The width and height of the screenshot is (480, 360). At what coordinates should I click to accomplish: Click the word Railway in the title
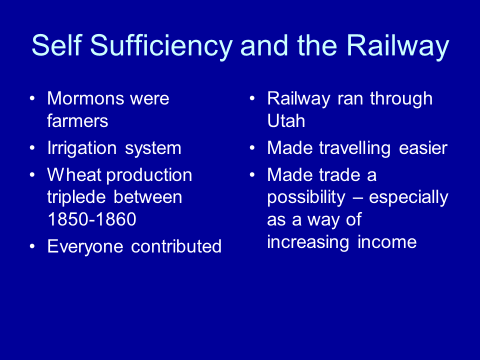click(x=397, y=46)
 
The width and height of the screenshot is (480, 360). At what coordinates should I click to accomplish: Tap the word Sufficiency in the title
click(x=161, y=46)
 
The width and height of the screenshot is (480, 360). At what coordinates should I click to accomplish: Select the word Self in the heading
click(x=57, y=45)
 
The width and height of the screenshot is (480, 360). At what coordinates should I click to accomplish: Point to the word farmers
click(x=78, y=120)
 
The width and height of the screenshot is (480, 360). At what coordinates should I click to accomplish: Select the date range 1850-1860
click(x=92, y=219)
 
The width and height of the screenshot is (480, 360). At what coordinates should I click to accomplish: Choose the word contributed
click(x=176, y=246)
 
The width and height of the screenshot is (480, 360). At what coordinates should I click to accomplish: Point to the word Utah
click(x=286, y=120)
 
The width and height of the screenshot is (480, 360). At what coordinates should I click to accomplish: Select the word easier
click(x=423, y=148)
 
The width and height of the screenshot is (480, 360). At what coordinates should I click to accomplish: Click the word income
click(x=387, y=242)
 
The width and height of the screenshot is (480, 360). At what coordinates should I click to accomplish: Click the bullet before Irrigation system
click(x=32, y=148)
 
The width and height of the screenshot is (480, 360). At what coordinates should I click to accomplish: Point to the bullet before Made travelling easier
click(x=252, y=148)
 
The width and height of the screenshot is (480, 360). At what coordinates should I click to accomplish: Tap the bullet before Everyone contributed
click(x=32, y=246)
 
